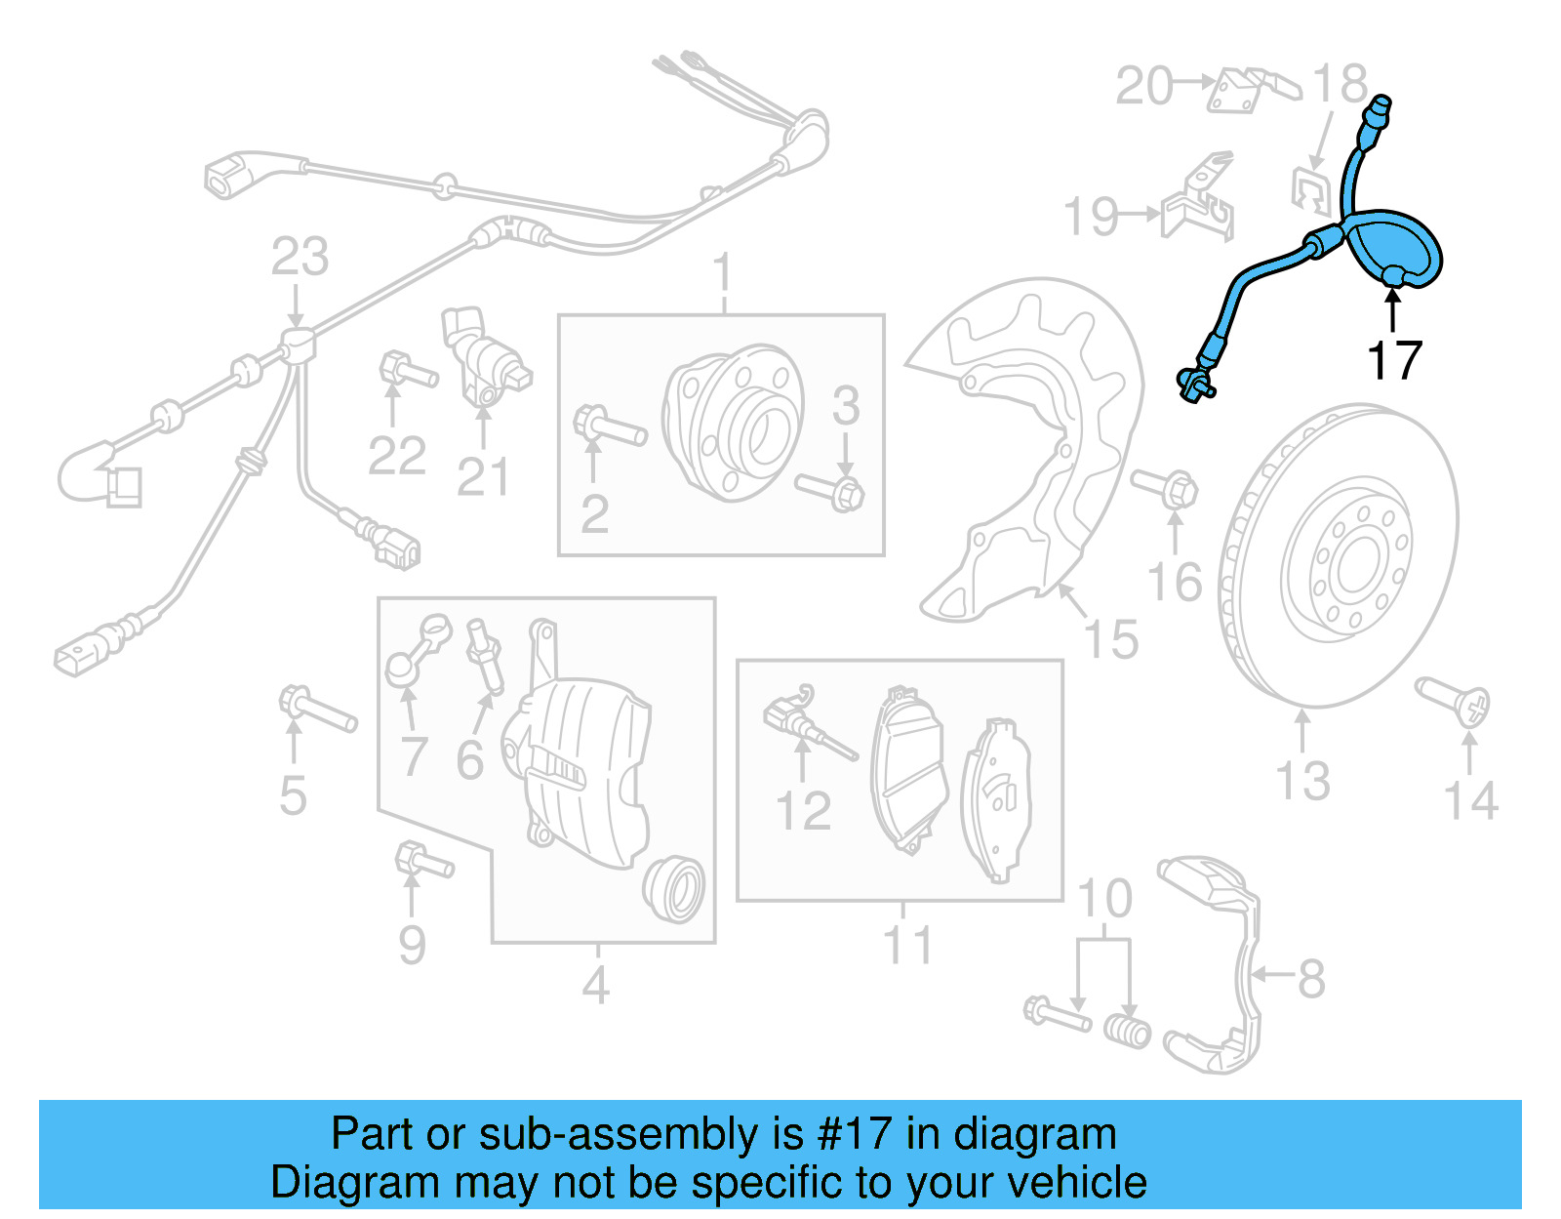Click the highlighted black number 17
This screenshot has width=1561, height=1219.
[x=1394, y=361]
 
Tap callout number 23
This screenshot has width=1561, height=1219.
[x=300, y=258]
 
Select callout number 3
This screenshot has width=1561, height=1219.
[x=846, y=406]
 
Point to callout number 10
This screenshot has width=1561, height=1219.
[x=1104, y=899]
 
